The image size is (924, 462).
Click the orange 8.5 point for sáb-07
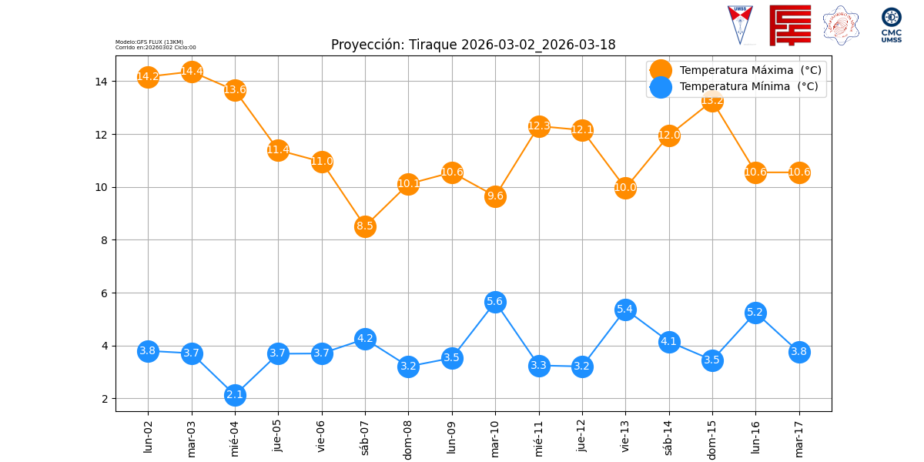(365, 226)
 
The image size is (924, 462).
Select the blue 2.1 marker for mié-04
(235, 395)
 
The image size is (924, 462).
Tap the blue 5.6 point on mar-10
(495, 302)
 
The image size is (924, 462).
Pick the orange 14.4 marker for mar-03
(192, 72)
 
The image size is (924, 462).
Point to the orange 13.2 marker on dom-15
(712, 101)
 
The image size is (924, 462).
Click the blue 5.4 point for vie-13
(625, 310)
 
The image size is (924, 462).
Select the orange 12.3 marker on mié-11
(539, 126)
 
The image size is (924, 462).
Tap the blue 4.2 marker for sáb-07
(365, 339)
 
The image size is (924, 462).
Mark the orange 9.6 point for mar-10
(495, 196)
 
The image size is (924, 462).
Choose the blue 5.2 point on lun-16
(755, 313)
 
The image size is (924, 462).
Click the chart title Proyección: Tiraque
(473, 45)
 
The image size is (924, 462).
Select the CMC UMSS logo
(891, 25)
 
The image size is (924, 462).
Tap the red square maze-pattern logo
(790, 25)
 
